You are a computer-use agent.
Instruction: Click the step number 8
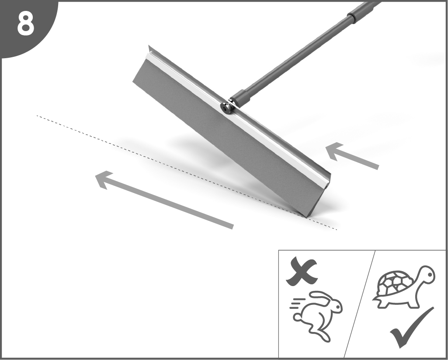[x=25, y=24]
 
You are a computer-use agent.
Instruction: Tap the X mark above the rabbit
[x=302, y=271]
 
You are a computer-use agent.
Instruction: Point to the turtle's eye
[x=430, y=275]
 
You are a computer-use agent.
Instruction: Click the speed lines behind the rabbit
[x=297, y=304]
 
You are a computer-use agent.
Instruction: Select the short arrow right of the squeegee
[x=352, y=155]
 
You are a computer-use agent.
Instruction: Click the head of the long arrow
[x=104, y=179]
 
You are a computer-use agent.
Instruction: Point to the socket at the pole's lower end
[x=240, y=98]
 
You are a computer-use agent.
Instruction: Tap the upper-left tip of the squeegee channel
[x=149, y=45]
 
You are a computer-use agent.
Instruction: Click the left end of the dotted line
[x=37, y=115]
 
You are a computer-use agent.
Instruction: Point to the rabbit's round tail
[x=298, y=317]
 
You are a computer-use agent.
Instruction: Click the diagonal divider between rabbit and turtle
[x=359, y=304]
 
